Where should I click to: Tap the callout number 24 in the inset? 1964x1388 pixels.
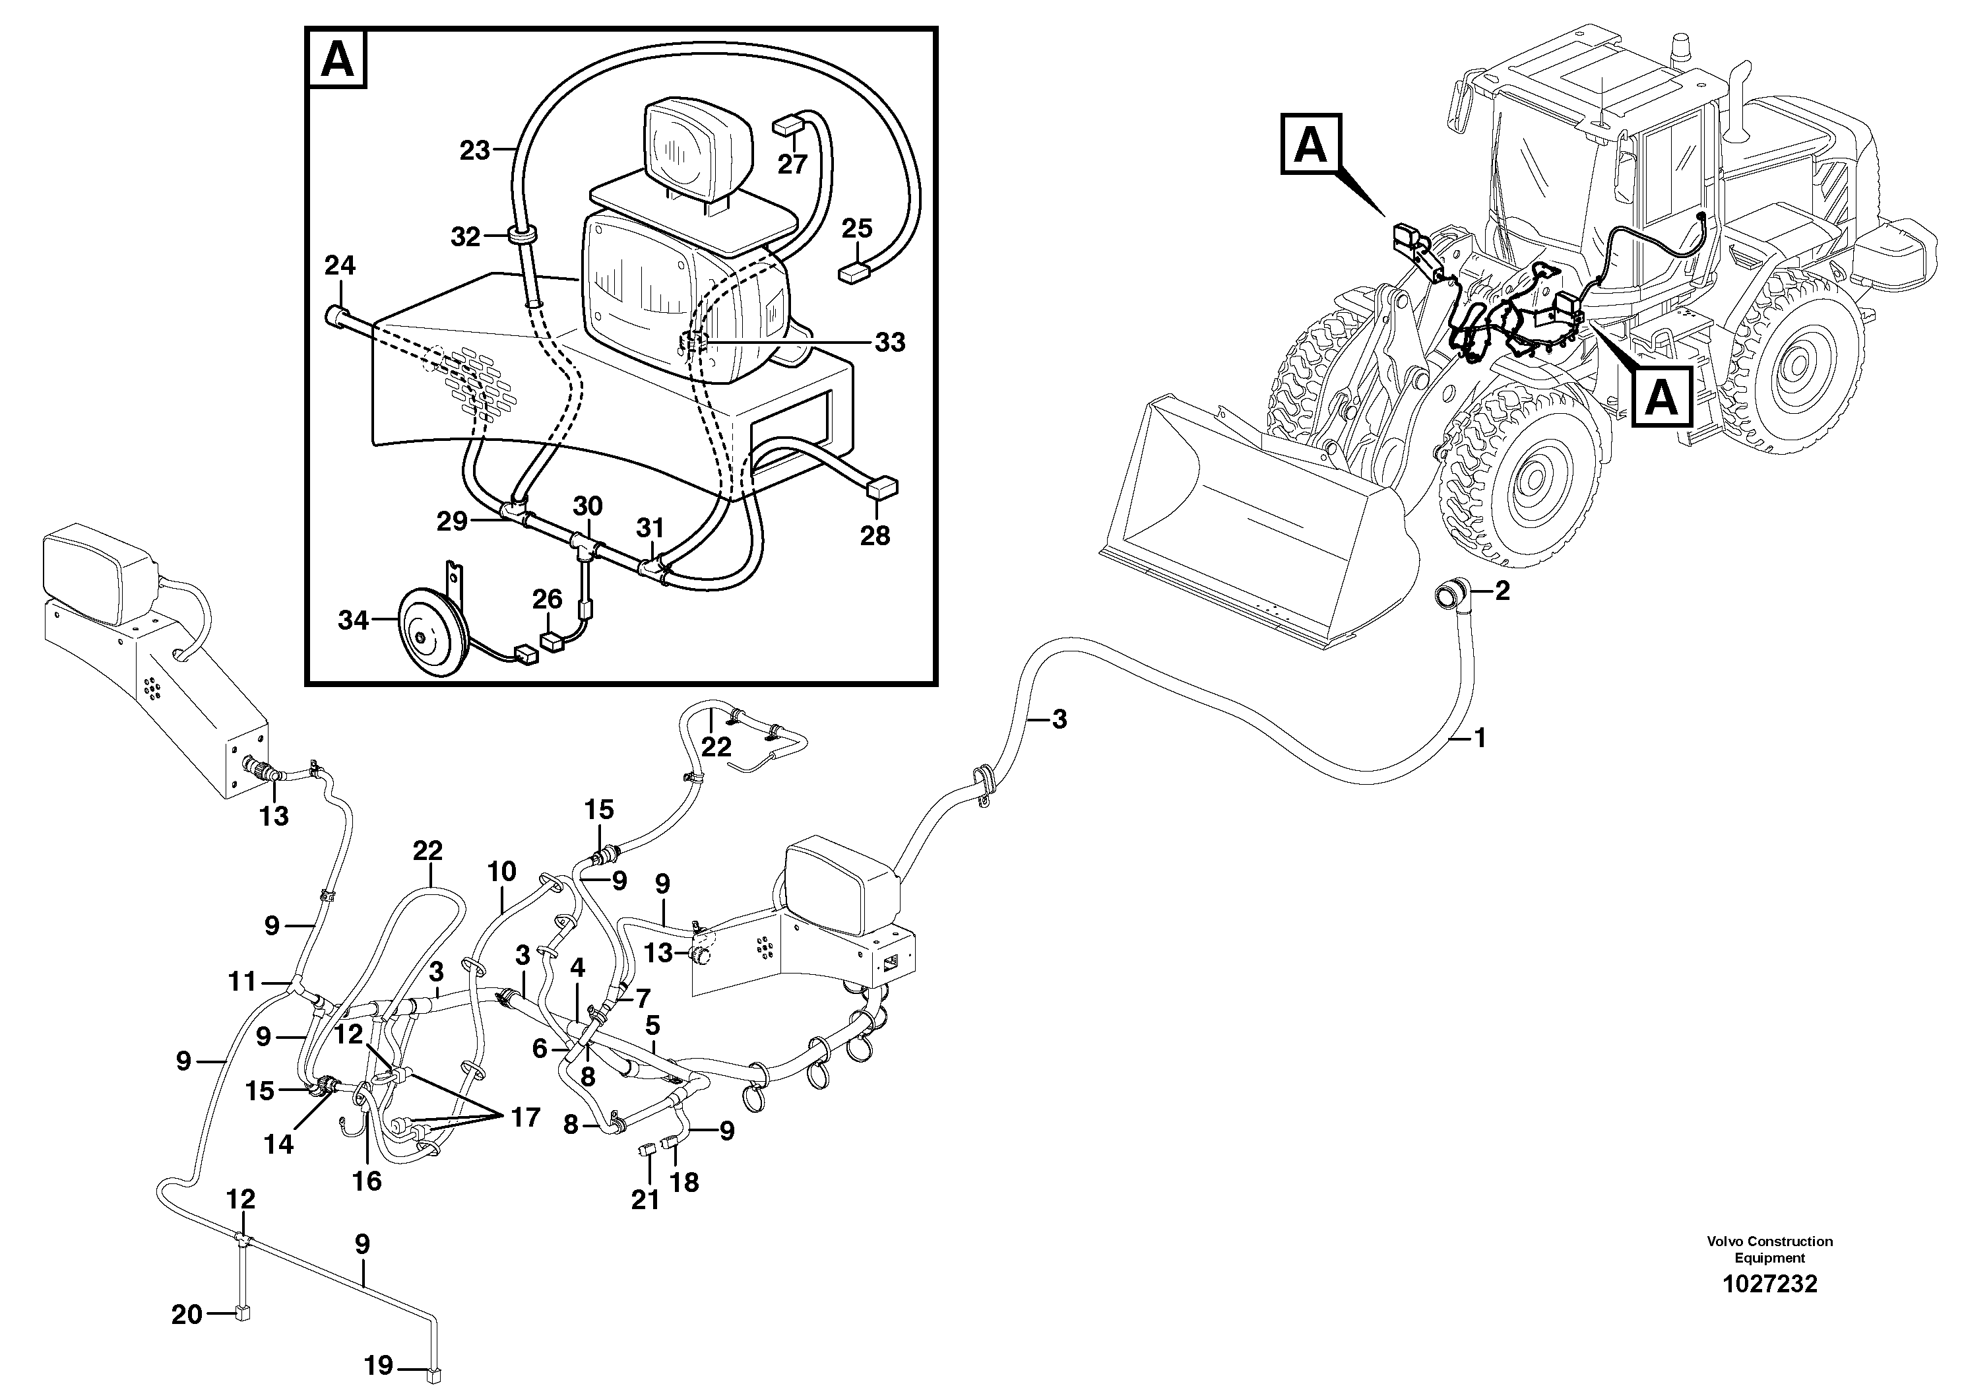pyautogui.click(x=340, y=266)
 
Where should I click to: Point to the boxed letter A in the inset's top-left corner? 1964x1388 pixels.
pyautogui.click(x=338, y=60)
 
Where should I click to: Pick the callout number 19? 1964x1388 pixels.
pyautogui.click(x=379, y=1365)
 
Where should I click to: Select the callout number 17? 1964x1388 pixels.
pyautogui.click(x=525, y=1117)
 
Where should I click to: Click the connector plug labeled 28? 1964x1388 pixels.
pyautogui.click(x=883, y=488)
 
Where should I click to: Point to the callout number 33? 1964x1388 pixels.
pyautogui.click(x=889, y=343)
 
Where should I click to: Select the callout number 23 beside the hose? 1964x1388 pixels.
pyautogui.click(x=475, y=150)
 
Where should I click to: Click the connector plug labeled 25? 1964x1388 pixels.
pyautogui.click(x=854, y=273)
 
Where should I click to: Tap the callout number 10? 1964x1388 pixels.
pyautogui.click(x=502, y=872)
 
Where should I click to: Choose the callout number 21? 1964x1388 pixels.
pyautogui.click(x=645, y=1200)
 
